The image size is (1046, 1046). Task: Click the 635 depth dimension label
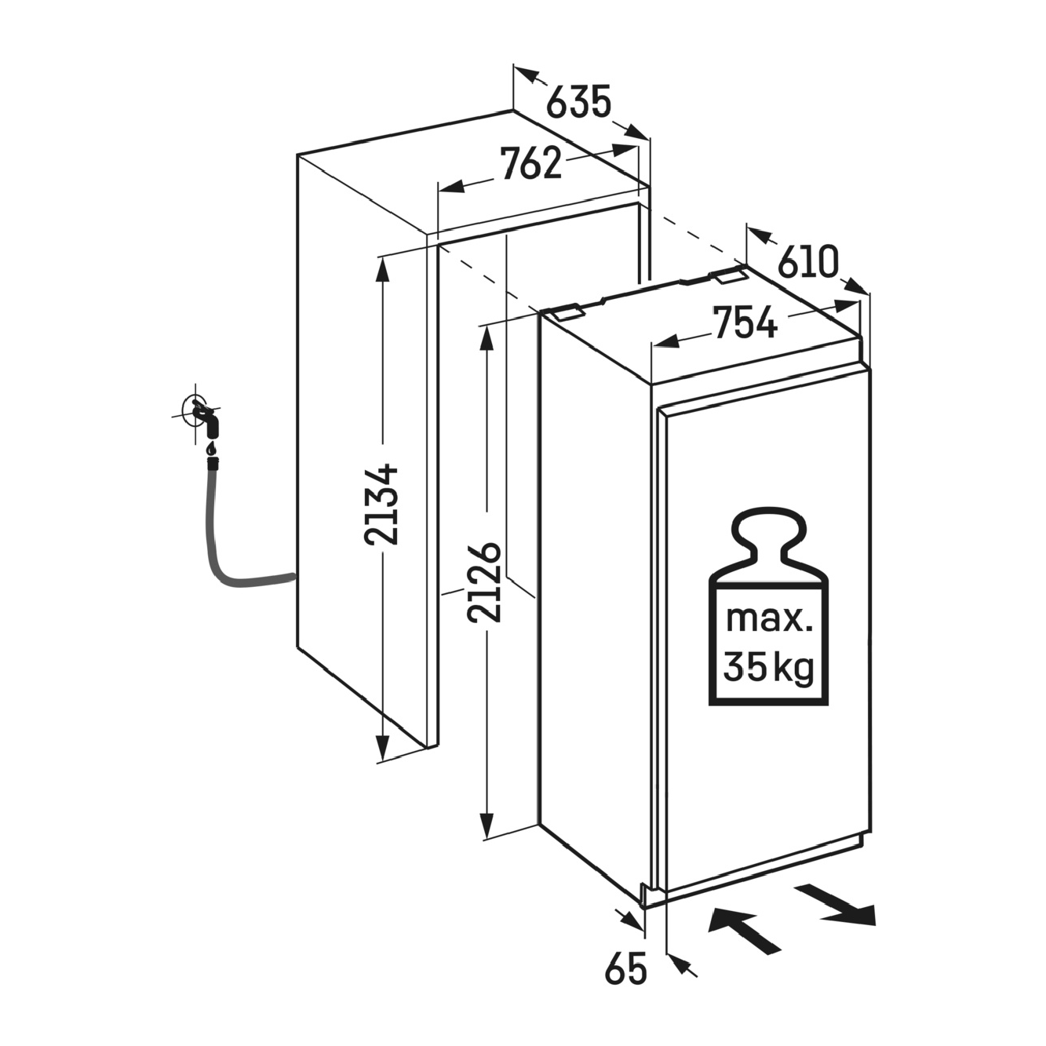[578, 101]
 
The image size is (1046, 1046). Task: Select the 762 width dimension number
[531, 163]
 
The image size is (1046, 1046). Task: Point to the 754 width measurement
[745, 322]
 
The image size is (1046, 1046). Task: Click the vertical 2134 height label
[381, 504]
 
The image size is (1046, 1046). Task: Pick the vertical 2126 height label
[483, 581]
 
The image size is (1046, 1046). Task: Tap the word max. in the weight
[769, 619]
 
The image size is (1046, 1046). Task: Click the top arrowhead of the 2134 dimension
[383, 269]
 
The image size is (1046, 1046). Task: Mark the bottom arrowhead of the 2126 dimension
[487, 840]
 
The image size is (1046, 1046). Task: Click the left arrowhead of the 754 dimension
[665, 341]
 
